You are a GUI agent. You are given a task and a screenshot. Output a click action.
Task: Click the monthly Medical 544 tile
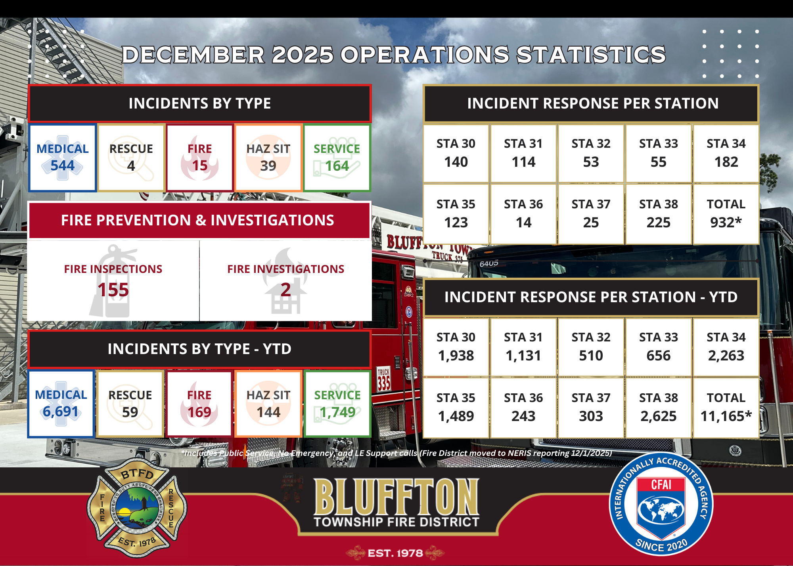coord(62,158)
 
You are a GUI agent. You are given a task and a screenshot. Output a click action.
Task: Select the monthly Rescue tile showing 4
coord(131,158)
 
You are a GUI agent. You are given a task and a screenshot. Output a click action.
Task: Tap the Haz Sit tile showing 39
coord(268,158)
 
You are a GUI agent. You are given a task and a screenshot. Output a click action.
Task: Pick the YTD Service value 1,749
coord(337,412)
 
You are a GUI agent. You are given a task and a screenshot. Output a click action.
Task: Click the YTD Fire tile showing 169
coord(199,404)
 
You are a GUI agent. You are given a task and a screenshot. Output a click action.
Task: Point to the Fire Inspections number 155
coord(113,290)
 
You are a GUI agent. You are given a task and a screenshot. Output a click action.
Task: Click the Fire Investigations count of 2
coord(285,290)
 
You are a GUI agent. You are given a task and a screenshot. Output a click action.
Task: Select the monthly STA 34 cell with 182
coord(726,153)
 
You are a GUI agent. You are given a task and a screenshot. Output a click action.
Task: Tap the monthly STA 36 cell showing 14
coord(523,214)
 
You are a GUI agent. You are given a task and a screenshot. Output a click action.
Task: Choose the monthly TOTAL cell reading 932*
coord(726,214)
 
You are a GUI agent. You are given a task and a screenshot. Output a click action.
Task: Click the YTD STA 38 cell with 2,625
coord(658,408)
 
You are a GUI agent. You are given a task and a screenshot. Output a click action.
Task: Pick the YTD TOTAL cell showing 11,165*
coord(726,408)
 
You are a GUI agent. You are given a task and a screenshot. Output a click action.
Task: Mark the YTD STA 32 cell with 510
coord(591,347)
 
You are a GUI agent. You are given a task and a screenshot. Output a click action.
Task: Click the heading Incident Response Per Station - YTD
coord(591,297)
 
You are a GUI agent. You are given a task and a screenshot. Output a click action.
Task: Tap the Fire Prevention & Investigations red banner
coord(198,220)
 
